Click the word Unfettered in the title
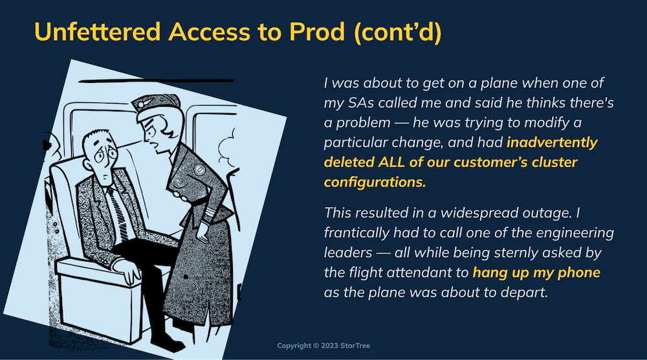click(x=98, y=31)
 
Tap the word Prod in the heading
click(x=316, y=31)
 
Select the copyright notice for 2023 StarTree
click(x=323, y=346)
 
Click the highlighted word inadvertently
click(x=552, y=142)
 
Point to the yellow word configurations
click(x=375, y=182)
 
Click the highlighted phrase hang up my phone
click(x=536, y=273)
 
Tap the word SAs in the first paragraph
click(x=361, y=103)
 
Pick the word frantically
click(x=356, y=233)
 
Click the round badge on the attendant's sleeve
click(x=199, y=169)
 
